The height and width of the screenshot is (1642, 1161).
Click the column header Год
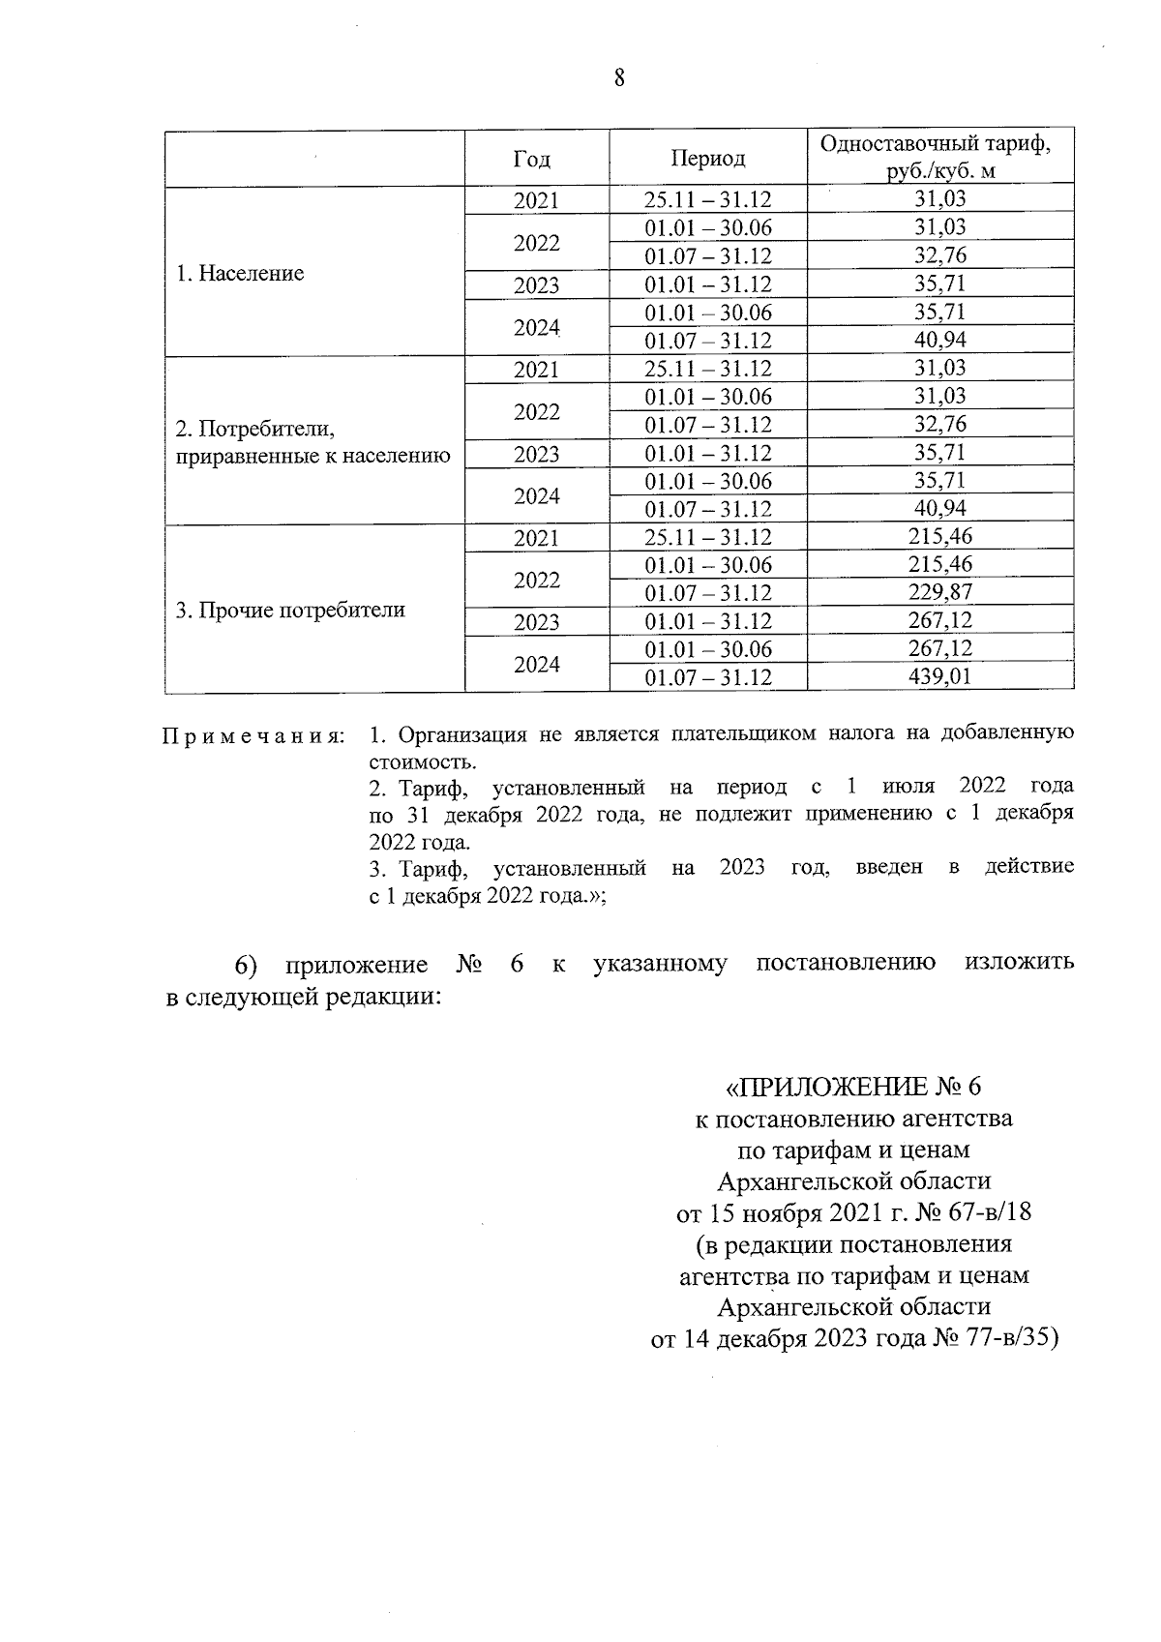click(536, 158)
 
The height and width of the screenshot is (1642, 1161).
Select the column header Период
click(708, 158)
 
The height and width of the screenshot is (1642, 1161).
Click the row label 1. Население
click(240, 273)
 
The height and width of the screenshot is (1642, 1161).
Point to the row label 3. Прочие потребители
click(289, 610)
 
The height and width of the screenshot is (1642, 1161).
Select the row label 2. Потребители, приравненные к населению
click(313, 441)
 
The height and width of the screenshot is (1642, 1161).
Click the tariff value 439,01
click(939, 676)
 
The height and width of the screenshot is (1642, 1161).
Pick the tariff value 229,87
click(939, 592)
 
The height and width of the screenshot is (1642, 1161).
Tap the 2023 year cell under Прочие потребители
click(536, 621)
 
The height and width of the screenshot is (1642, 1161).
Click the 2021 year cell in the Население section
click(536, 200)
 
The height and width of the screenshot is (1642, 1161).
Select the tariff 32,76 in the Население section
click(939, 255)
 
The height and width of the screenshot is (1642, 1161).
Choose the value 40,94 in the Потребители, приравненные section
click(939, 508)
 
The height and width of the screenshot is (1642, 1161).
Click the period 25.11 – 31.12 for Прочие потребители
click(708, 537)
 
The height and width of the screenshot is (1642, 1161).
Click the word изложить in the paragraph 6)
click(1019, 964)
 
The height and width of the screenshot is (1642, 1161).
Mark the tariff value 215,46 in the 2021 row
click(939, 536)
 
